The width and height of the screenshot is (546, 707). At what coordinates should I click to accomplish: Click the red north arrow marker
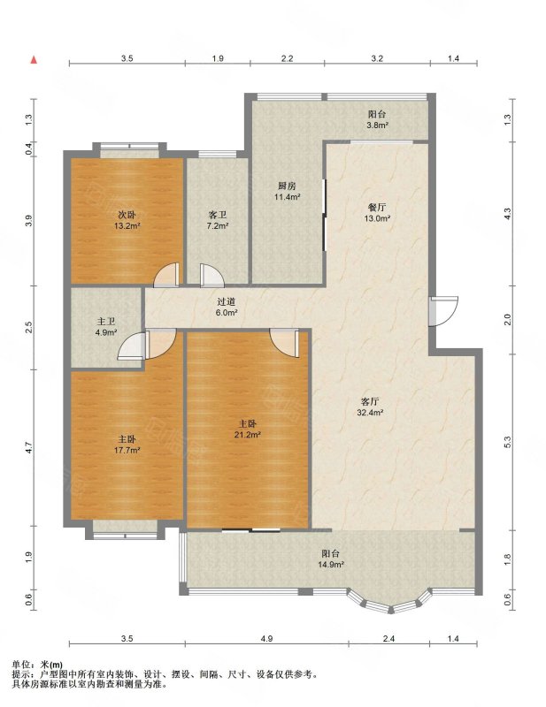34,60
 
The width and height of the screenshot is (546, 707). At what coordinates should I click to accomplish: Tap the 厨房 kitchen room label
287,186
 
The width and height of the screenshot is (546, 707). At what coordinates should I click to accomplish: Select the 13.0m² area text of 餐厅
377,218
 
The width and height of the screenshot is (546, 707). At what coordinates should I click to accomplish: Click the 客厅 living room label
370,401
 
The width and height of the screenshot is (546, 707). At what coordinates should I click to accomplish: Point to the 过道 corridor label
226,301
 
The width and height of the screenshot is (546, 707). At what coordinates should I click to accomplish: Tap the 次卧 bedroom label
127,215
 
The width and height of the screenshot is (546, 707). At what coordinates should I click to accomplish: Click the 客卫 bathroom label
217,215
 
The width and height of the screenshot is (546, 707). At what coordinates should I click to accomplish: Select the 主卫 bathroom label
105,322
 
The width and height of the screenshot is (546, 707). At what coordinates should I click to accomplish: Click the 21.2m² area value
248,435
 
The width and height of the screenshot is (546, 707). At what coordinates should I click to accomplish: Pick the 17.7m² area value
127,450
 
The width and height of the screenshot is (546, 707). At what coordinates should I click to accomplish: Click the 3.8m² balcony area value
377,125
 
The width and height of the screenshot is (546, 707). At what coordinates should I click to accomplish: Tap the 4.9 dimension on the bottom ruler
267,638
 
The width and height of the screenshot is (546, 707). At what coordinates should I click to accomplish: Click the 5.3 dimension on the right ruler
507,442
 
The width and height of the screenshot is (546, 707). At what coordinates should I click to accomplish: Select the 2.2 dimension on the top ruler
288,58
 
